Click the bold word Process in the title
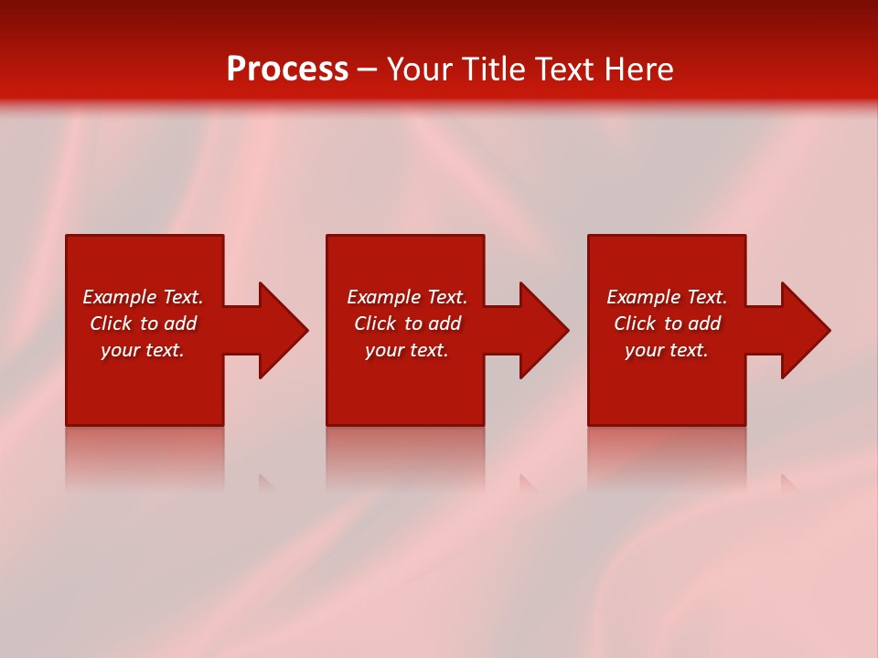pyautogui.click(x=287, y=69)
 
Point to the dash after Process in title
pyautogui.click(x=367, y=70)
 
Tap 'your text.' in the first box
pyautogui.click(x=143, y=350)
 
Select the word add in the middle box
pyautogui.click(x=444, y=324)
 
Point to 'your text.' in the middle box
pyautogui.click(x=407, y=350)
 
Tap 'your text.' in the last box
pyautogui.click(x=667, y=350)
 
